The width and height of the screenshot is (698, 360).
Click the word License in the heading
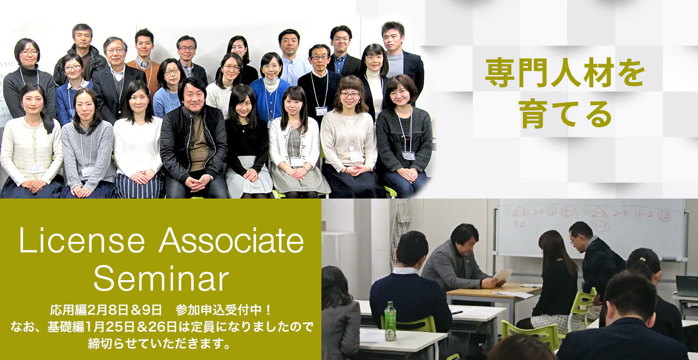pyautogui.click(x=82, y=240)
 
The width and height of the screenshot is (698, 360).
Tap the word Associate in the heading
pyautogui.click(x=231, y=240)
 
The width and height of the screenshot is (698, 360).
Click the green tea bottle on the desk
pyautogui.click(x=390, y=321)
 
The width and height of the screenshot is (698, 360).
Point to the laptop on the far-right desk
pyautogui.click(x=687, y=286)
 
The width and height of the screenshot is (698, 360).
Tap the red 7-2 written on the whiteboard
pyautogui.click(x=519, y=224)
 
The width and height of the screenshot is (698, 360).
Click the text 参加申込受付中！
pyautogui.click(x=224, y=310)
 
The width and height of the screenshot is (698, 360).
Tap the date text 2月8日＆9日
pyautogui.click(x=125, y=310)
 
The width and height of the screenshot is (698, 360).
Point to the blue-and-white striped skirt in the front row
pyautogui.click(x=138, y=186)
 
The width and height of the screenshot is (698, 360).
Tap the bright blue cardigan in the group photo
pyautogui.click(x=270, y=100)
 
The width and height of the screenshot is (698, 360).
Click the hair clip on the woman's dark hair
pyautogui.click(x=642, y=259)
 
